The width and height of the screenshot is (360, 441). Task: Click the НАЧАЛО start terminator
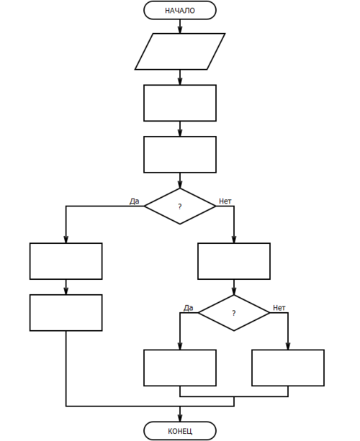[180, 10]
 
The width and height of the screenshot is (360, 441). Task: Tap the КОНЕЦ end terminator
[180, 431]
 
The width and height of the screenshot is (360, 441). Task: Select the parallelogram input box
[180, 52]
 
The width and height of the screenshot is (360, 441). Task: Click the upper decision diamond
[180, 206]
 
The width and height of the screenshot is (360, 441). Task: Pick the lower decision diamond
[234, 313]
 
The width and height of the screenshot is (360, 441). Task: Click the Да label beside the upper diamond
[134, 201]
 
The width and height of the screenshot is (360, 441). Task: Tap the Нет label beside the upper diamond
[225, 201]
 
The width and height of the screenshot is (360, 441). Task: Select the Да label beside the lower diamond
[189, 308]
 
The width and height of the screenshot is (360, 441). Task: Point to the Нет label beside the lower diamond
[279, 308]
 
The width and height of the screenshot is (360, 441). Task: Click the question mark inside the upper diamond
[180, 206]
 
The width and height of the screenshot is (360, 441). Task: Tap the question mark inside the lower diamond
[234, 313]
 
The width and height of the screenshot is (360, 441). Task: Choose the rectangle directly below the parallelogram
[180, 103]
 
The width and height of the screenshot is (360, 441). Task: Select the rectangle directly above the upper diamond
[180, 155]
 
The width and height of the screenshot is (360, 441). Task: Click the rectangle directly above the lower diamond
[234, 261]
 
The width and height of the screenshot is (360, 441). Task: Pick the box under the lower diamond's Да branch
[180, 368]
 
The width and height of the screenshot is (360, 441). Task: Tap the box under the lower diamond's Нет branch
[288, 368]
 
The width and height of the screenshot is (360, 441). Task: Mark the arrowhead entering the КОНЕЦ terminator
[180, 418]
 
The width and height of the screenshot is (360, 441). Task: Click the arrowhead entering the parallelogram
[180, 29]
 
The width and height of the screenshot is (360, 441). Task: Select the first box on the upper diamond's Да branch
[66, 261]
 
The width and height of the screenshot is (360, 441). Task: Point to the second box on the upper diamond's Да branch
[66, 312]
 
